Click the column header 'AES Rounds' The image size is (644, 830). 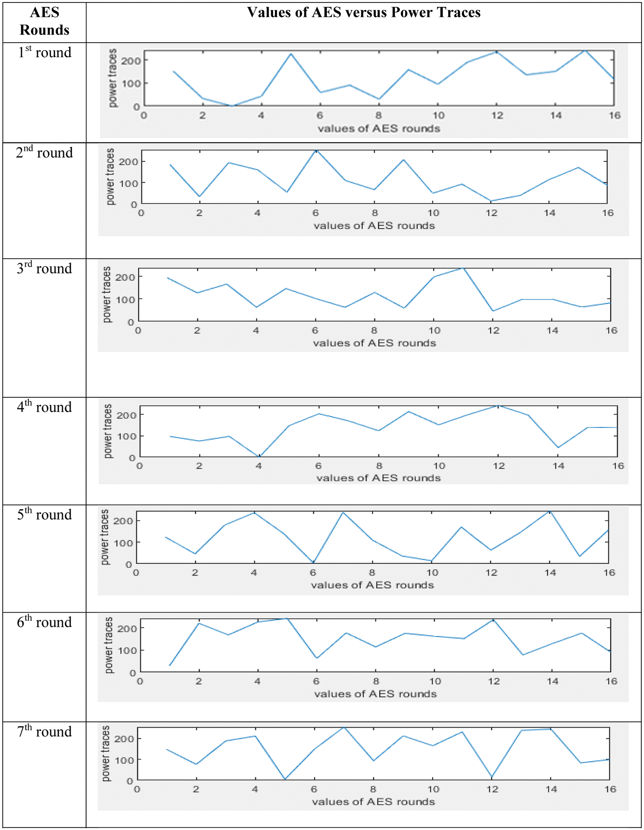45,21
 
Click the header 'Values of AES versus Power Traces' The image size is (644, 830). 364,13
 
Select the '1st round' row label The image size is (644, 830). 45,53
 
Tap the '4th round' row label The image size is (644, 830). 44,407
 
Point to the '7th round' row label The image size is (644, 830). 44,731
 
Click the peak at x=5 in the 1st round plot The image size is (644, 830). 290,54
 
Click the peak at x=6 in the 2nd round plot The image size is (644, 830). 316,150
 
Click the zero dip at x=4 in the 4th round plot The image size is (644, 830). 259,456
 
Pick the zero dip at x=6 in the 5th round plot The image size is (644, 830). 313,562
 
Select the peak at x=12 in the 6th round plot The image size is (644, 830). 493,620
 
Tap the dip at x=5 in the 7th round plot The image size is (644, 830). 285,779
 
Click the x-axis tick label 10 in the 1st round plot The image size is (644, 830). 438,115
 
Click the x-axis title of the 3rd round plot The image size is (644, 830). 374,343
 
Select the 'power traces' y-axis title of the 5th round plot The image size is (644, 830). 105,537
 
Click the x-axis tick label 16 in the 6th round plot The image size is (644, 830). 611,681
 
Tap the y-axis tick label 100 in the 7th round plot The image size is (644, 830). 124,760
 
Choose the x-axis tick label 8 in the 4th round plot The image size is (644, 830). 379,465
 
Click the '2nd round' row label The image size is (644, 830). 44,153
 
